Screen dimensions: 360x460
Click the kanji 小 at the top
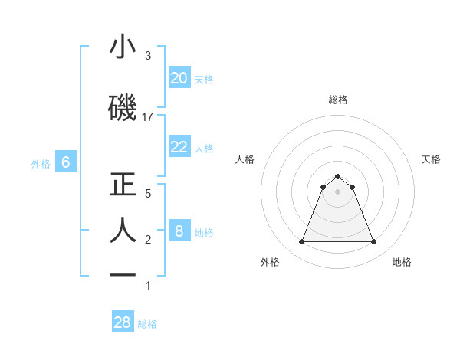pos(123,47)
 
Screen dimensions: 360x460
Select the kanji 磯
pos(123,108)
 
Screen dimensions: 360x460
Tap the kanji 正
pos(123,185)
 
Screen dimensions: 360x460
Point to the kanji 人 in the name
pos(123,231)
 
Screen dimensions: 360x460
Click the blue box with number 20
pos(179,78)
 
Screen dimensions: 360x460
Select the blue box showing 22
pos(179,148)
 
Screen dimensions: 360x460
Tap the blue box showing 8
pos(179,232)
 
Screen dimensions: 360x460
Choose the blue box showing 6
pos(66,162)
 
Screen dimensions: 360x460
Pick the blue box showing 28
pos(123,322)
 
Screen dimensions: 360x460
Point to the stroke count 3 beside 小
pos(147,56)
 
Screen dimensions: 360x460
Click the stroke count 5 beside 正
pos(147,194)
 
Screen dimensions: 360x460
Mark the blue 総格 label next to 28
pos(147,324)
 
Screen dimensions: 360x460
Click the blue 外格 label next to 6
pos(41,163)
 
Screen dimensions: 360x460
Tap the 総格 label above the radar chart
pos(338,100)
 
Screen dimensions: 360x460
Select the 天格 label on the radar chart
pos(432,159)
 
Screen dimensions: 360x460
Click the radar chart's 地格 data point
pos(373,242)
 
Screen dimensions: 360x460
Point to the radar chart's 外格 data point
pos(302,242)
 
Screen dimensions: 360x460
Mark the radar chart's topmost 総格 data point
pos(338,176)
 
